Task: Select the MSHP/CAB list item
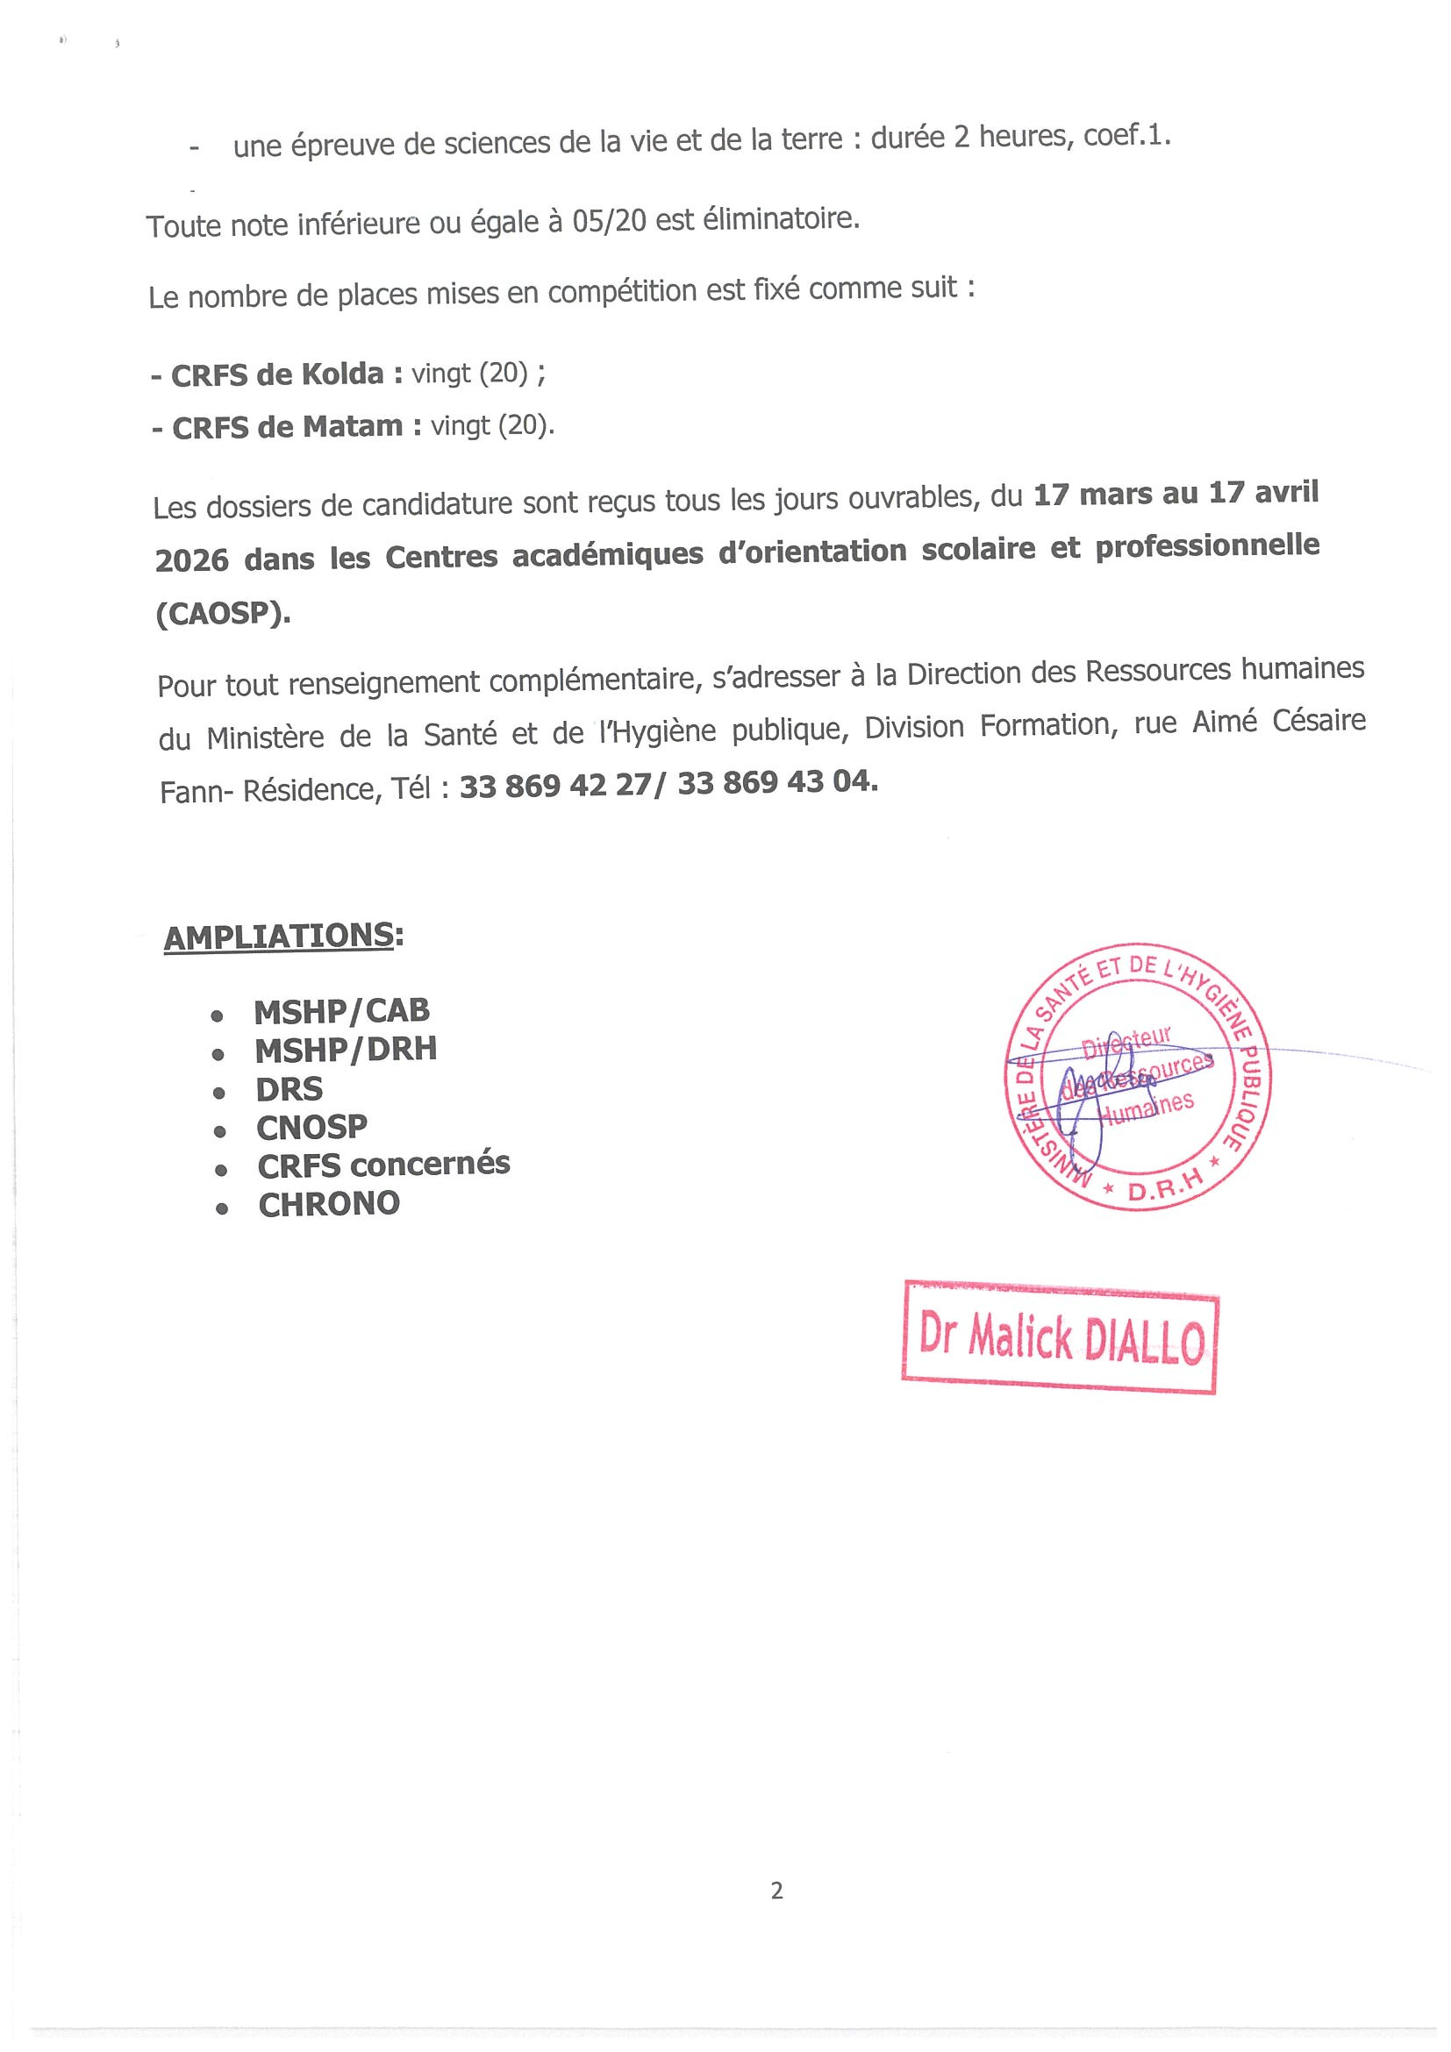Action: (x=341, y=1011)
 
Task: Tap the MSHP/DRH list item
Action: (x=345, y=1049)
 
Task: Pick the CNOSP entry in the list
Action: (x=311, y=1127)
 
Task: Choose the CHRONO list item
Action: (x=329, y=1204)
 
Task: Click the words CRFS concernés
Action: (x=383, y=1165)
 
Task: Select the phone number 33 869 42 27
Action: (x=555, y=786)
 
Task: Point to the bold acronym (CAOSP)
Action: (x=223, y=614)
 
